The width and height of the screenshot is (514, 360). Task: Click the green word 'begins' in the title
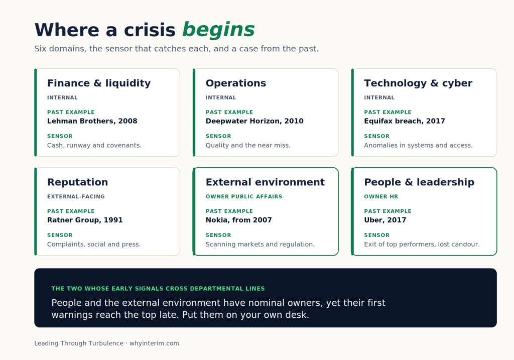coord(218,30)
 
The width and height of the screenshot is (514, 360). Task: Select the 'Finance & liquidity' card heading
coord(99,83)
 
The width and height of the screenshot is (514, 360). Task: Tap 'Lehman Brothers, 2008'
coord(92,121)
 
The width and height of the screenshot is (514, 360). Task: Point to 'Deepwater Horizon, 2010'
coord(254,121)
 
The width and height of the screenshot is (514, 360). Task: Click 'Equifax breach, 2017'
coord(405,121)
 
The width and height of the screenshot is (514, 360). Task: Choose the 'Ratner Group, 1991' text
coord(85,220)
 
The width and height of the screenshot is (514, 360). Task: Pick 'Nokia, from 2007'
coord(238,220)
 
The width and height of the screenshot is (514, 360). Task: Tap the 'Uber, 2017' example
coord(385,220)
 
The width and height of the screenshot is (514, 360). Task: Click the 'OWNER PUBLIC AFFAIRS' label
coord(244,197)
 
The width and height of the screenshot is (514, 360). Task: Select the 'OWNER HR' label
coord(381,197)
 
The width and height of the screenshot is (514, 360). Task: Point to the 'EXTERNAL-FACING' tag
coord(76,197)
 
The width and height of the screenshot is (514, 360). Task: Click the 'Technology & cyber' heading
coord(418,83)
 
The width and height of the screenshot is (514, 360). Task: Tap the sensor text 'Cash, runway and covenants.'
coord(94,145)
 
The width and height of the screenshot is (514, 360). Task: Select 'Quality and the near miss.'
coord(248,145)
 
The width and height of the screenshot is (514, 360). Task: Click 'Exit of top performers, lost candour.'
coord(422,244)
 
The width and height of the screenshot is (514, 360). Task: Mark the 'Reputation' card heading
coord(78,182)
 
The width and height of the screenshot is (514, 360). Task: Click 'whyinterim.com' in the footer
coord(155,343)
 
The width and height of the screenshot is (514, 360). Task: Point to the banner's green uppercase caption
coord(158,289)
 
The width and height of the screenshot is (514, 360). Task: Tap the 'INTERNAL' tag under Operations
coord(221,98)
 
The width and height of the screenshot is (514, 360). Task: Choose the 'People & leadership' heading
coord(419,182)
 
